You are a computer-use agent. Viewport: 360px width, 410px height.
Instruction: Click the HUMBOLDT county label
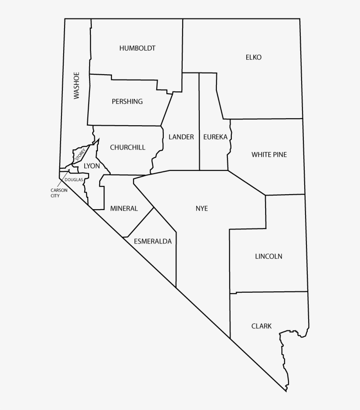tap(137, 48)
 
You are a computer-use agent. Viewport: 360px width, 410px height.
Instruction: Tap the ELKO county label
tap(254, 57)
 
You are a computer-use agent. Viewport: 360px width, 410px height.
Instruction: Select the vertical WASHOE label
tap(77, 85)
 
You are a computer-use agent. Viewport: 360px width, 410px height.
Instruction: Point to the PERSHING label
tap(127, 102)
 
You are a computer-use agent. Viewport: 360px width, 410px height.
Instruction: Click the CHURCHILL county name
tap(128, 147)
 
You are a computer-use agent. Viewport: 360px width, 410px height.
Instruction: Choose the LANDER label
tap(181, 137)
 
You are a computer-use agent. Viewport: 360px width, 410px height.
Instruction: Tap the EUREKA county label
tap(215, 137)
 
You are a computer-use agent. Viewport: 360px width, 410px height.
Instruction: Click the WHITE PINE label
tap(269, 155)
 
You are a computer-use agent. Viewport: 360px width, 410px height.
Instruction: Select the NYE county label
tap(202, 208)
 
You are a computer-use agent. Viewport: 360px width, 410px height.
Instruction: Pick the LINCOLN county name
tap(269, 256)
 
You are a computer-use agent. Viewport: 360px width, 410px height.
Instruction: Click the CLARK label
tap(261, 326)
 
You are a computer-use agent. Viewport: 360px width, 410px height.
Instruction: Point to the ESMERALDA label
tap(153, 241)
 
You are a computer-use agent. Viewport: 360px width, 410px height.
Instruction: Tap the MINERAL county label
tap(124, 208)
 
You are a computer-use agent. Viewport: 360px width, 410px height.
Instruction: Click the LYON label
tap(92, 166)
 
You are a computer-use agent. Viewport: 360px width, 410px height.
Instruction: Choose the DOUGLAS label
tap(74, 180)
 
